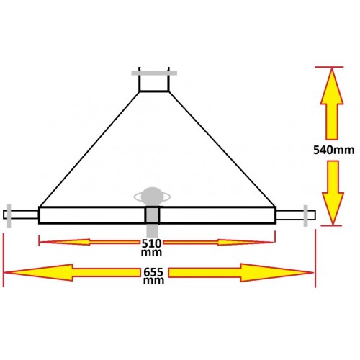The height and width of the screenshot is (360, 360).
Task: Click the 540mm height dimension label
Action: click(x=334, y=150)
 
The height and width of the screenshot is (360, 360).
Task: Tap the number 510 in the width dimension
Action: click(x=151, y=243)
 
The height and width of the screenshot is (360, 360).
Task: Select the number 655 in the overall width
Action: click(x=153, y=272)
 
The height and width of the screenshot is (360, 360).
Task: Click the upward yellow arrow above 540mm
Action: click(x=332, y=104)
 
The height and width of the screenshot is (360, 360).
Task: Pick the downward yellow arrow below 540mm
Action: click(x=333, y=193)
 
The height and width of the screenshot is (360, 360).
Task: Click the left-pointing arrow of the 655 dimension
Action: click(x=72, y=272)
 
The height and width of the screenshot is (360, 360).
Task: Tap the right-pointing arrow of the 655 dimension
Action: click(x=240, y=273)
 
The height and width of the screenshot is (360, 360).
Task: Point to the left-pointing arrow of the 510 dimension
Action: click(x=89, y=242)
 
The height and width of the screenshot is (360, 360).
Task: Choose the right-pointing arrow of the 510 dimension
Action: click(x=218, y=243)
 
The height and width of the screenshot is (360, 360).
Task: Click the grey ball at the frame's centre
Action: click(x=152, y=197)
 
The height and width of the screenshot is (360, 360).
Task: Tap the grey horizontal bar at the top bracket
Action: click(x=154, y=73)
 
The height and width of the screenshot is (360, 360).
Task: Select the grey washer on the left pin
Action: click(x=9, y=216)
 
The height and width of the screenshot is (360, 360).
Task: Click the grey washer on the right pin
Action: click(x=305, y=216)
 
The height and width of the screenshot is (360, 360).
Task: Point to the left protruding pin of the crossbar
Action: click(x=21, y=215)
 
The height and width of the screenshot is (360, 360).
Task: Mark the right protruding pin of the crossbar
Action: click(x=296, y=215)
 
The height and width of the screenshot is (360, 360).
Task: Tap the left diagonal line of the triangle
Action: click(x=89, y=149)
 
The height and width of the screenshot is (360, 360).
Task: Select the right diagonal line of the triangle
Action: click(x=222, y=149)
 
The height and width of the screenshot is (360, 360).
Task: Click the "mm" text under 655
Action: click(x=153, y=281)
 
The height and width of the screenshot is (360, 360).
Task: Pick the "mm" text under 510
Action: click(x=151, y=253)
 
